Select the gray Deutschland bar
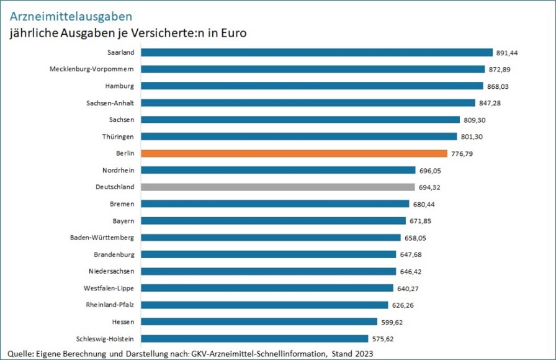coord(277,187)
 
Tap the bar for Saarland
coord(316,53)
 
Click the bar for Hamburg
coord(312,86)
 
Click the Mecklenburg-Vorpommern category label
coord(92,69)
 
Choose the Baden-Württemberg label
coord(102,237)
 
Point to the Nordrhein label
coord(119,169)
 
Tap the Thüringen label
coord(119,136)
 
